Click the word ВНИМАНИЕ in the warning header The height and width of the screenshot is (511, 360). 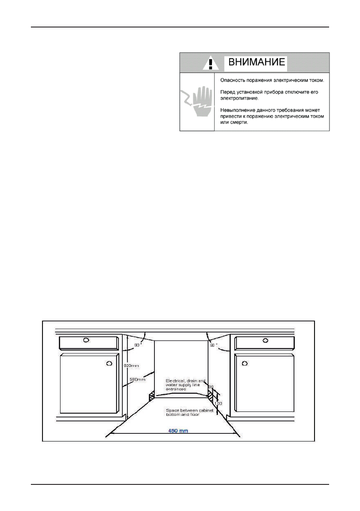tap(256, 62)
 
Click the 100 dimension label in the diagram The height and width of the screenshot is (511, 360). tap(218, 404)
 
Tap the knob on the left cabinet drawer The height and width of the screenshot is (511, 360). tap(86, 340)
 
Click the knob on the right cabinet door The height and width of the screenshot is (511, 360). tap(244, 364)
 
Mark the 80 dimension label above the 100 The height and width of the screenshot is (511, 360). tap(211, 387)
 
